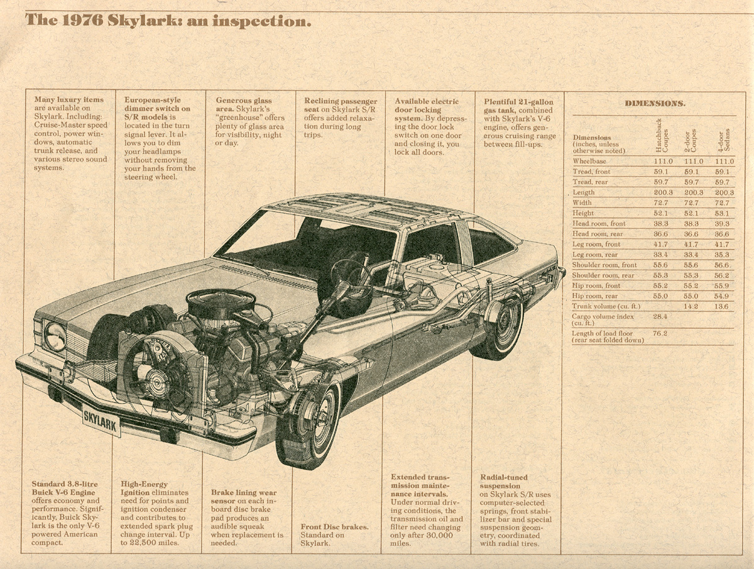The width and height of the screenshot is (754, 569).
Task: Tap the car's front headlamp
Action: tap(55, 336)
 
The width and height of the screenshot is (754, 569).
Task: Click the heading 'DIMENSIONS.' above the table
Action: tap(655, 103)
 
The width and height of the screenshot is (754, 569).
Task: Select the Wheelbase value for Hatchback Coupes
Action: tap(663, 162)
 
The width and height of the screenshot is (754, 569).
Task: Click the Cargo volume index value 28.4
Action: tap(660, 316)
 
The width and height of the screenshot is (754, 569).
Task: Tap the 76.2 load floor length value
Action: tap(660, 334)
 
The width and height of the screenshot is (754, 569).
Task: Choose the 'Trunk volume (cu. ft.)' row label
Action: tap(606, 306)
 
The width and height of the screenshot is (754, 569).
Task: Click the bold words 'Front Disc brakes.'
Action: tap(334, 527)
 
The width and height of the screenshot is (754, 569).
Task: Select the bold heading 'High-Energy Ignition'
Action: tap(145, 489)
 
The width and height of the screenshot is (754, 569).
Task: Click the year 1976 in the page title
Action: tap(84, 21)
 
